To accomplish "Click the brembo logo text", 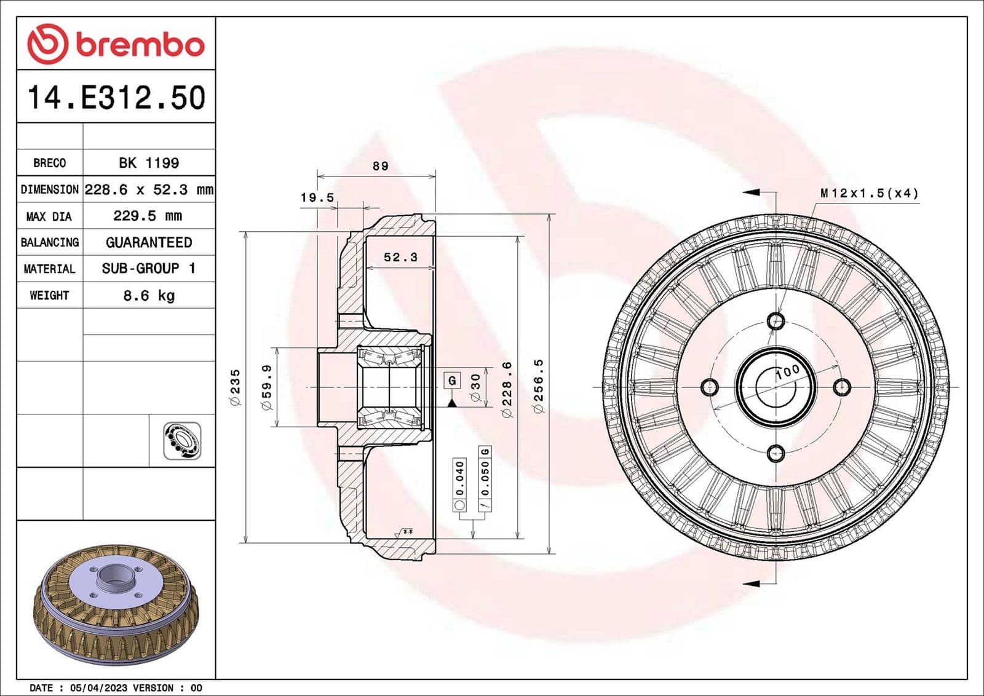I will click(139, 45).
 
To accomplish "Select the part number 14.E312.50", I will click(116, 98).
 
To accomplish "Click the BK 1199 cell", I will click(149, 163).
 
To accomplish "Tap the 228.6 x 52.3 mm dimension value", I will click(149, 189).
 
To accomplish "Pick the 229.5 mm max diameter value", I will click(148, 216).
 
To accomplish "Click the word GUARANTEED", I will click(149, 242).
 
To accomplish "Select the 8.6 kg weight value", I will click(149, 295).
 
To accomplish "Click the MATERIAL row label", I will click(49, 269).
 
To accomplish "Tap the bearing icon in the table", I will click(182, 440).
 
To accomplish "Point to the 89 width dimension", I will click(380, 166).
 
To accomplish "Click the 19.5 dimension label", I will click(317, 197).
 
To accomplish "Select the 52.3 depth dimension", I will click(400, 257).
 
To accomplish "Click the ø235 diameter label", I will click(236, 387).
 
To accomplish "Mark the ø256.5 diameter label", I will click(539, 386).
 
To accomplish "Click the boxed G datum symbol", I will click(452, 380).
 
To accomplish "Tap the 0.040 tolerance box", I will click(459, 479).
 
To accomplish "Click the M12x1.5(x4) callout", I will click(869, 193).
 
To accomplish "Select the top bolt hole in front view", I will click(776, 320).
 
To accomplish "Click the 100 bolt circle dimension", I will click(787, 372).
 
